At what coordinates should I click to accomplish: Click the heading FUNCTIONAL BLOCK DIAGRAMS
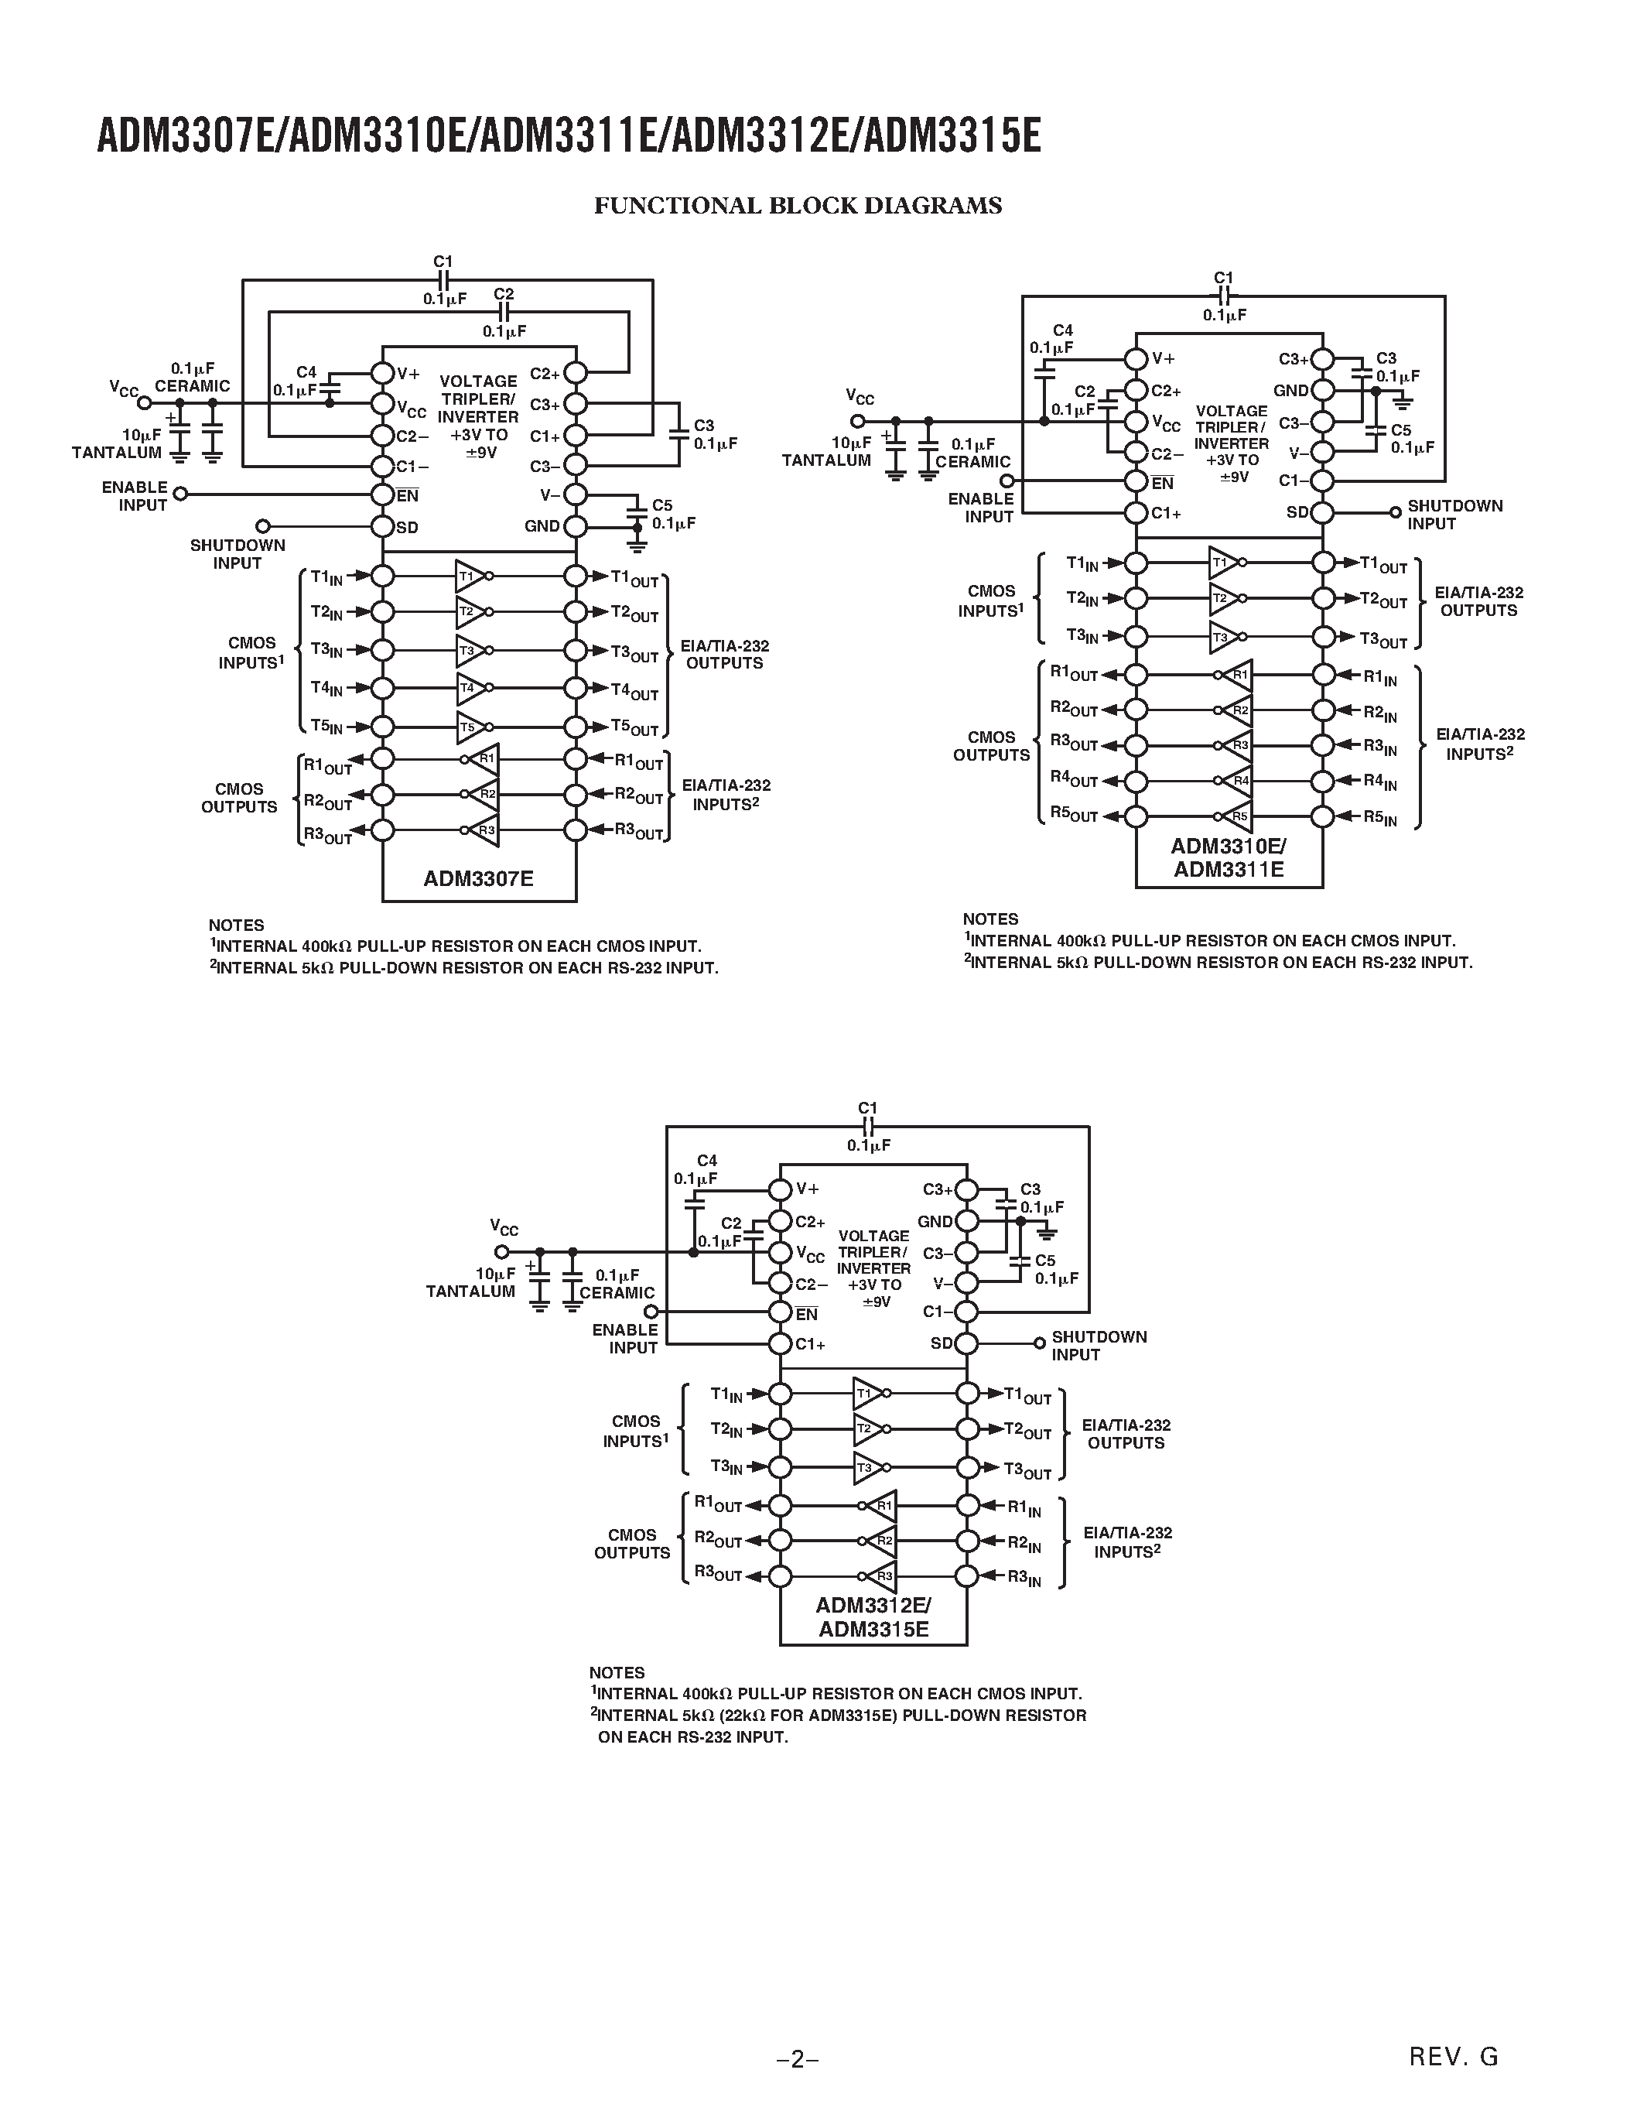[x=798, y=206]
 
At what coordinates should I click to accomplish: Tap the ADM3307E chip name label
[x=478, y=879]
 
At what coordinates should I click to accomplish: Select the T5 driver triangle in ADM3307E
[x=470, y=727]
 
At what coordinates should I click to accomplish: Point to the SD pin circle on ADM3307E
[x=383, y=527]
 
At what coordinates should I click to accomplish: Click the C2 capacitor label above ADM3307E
[x=504, y=294]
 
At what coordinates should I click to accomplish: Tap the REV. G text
[x=1453, y=2057]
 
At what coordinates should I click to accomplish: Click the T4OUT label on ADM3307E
[x=634, y=691]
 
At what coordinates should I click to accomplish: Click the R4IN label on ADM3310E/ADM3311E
[x=1379, y=782]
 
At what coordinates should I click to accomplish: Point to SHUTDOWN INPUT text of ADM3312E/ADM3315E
[x=1099, y=1346]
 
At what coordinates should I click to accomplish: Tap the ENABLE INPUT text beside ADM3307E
[x=135, y=496]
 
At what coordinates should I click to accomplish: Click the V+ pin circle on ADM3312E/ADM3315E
[x=779, y=1189]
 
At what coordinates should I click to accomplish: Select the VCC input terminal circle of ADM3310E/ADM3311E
[x=857, y=421]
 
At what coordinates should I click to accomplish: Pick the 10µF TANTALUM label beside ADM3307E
[x=117, y=443]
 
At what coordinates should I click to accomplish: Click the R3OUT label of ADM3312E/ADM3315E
[x=718, y=1575]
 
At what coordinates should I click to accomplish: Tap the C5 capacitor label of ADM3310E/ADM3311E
[x=1400, y=429]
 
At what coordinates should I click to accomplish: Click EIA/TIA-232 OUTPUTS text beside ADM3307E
[x=725, y=655]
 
